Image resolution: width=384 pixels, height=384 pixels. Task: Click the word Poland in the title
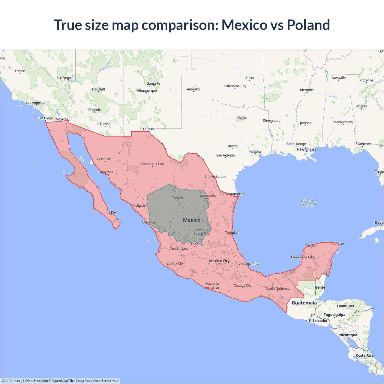[308, 25]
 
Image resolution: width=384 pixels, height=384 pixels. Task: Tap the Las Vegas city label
[65, 78]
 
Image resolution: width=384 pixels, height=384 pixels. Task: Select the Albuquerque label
[147, 91]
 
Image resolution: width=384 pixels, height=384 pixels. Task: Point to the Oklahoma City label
[235, 86]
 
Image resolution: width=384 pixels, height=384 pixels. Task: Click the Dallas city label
[242, 118]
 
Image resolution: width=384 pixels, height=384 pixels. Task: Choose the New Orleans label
[307, 149]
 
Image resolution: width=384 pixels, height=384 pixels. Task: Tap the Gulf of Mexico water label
[309, 203]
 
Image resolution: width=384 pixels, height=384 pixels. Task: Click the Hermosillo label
[105, 159]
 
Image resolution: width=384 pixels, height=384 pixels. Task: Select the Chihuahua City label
[152, 164]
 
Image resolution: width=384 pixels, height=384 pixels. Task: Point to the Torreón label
[178, 198]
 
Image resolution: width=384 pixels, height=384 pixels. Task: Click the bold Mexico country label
[192, 220]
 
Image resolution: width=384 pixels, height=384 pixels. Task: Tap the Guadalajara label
[179, 249]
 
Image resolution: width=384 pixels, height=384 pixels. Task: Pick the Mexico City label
[219, 261]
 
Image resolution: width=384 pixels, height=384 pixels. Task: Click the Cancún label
[338, 244]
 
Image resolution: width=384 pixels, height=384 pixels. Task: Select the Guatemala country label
[304, 303]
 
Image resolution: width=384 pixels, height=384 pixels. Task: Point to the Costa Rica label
[365, 355]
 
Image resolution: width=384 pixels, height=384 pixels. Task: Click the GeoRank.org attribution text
[12, 381]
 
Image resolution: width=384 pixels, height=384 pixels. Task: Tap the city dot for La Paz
[111, 214]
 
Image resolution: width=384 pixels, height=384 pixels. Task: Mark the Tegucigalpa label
[334, 315]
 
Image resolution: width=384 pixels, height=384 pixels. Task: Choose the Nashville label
[339, 78]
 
